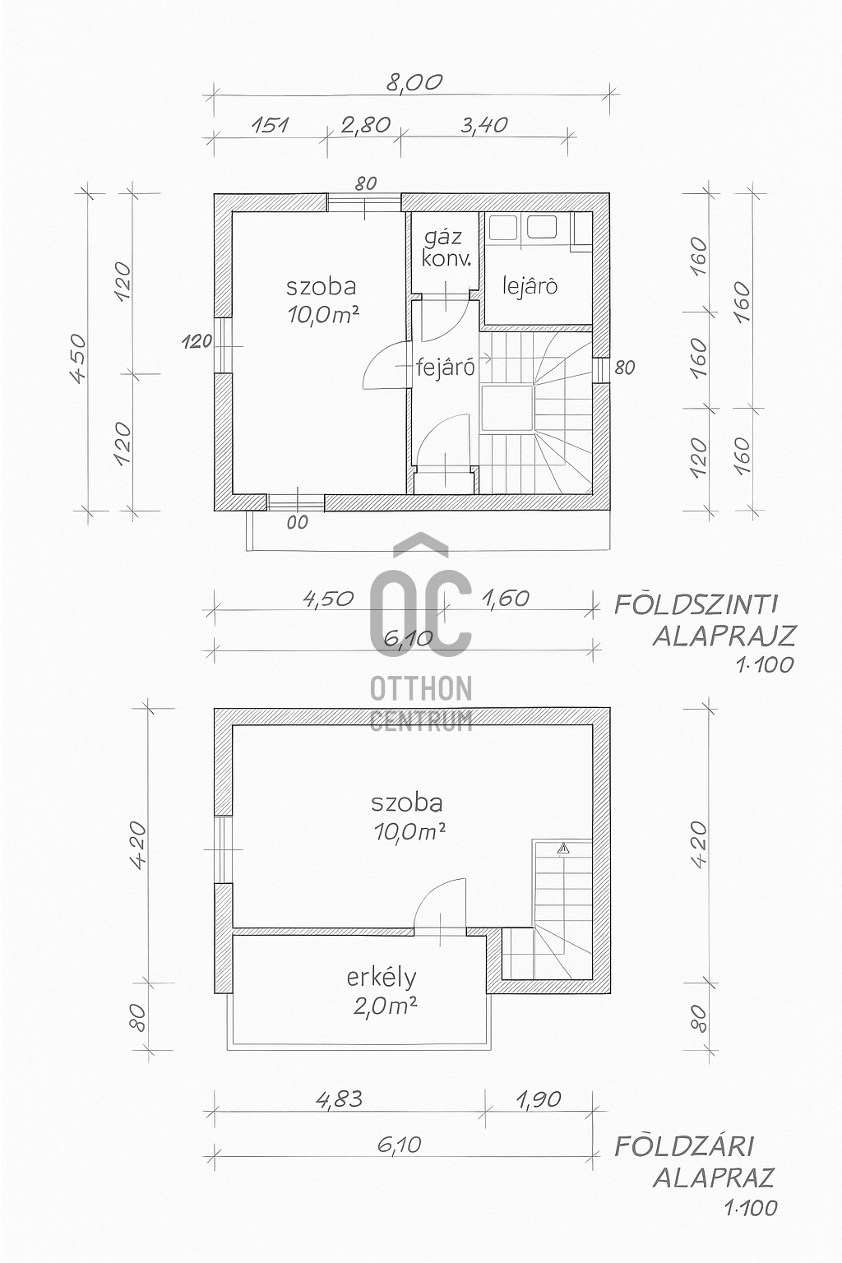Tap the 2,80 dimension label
point(364,125)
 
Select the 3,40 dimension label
point(484,125)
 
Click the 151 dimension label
point(269,125)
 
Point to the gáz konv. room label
point(446,248)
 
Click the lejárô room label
point(530,286)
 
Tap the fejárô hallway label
point(445,368)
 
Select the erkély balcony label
point(381,978)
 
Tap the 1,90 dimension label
point(540,1099)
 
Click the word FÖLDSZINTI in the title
point(696,605)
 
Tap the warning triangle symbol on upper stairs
point(563,848)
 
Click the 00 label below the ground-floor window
point(298,522)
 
